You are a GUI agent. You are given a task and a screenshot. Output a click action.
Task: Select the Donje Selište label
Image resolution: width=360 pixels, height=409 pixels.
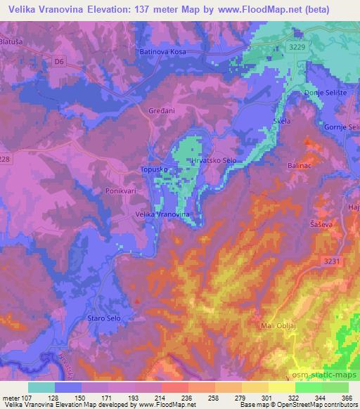click(x=323, y=93)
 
